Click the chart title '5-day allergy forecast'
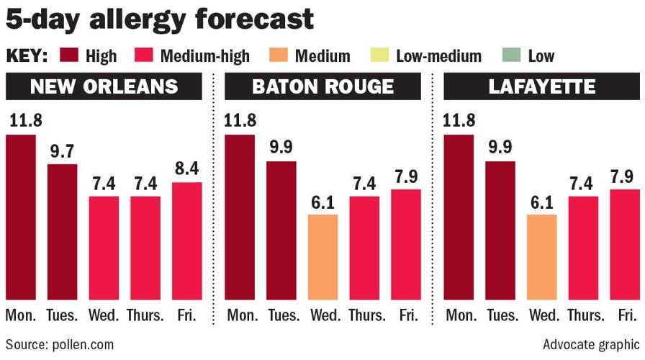tap(160, 19)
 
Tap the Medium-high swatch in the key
tap(143, 55)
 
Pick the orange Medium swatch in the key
tap(289, 55)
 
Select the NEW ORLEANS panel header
tap(104, 87)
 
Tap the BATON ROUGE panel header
tap(322, 87)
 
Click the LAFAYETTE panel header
tap(541, 87)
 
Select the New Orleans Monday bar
tap(21, 217)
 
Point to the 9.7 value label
tap(62, 153)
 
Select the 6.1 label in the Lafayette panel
tap(541, 202)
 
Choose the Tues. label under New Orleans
tap(62, 316)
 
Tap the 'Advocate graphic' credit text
tap(590, 344)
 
